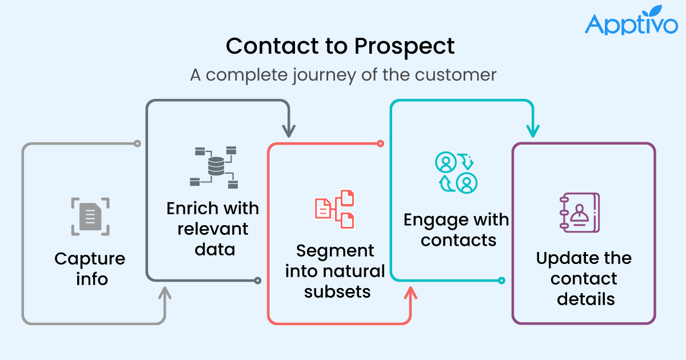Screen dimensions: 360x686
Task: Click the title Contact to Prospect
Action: pos(341,46)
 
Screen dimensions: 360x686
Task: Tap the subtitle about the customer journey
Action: pos(343,75)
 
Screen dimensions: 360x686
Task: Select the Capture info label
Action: pos(90,269)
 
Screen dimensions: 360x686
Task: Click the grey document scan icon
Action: pos(90,217)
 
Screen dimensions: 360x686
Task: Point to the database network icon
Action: pos(213,167)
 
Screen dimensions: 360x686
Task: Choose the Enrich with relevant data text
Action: pos(213,229)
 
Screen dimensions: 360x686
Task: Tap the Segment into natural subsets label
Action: pos(335,271)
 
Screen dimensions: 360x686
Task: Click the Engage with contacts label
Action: pos(456,229)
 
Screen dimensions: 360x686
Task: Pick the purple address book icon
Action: pos(578,212)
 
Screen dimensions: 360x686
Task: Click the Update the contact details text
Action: pos(584,278)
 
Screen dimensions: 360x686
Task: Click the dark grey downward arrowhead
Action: pos(289,131)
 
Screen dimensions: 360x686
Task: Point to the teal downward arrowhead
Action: pos(532,131)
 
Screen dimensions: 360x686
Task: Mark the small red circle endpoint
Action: pos(380,143)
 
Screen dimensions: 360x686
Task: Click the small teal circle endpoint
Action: pos(501,280)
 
